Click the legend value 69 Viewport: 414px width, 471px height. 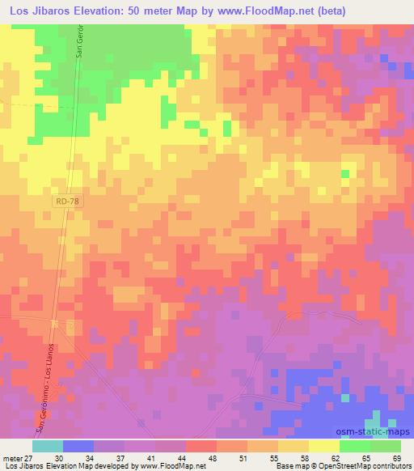coord(395,457)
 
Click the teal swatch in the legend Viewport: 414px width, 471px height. coord(48,445)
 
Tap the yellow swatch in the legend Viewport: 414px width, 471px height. coord(324,445)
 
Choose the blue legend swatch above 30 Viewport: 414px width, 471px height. coord(78,445)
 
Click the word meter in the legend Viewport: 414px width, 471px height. coord(11,457)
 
